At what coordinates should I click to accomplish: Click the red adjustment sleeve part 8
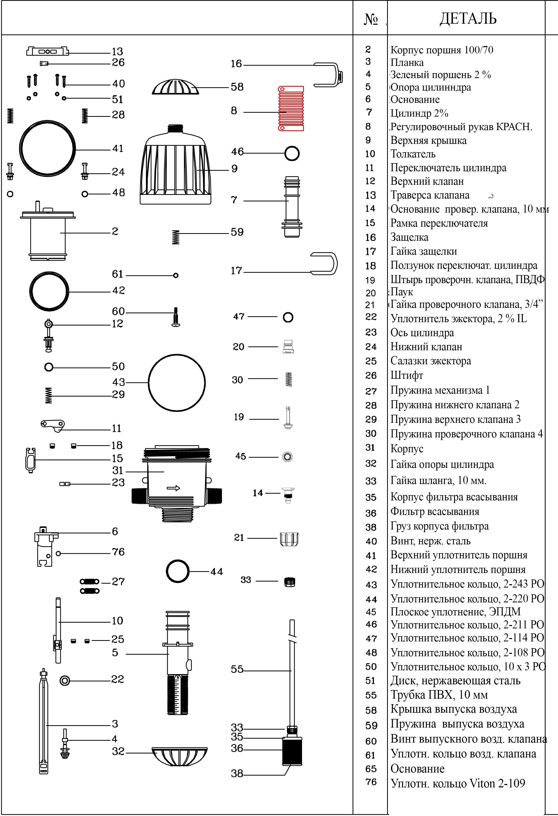(x=291, y=109)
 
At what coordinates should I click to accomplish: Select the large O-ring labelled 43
(x=177, y=383)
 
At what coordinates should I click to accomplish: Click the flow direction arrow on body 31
(x=173, y=488)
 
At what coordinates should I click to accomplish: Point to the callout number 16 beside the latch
(x=236, y=64)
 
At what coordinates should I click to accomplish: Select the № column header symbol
(x=371, y=19)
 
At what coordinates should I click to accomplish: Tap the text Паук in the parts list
(x=402, y=292)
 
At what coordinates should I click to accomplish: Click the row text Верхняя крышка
(x=428, y=141)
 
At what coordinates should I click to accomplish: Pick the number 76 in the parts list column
(x=371, y=782)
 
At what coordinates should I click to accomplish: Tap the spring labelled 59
(x=176, y=237)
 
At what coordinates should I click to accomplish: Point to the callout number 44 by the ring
(x=216, y=572)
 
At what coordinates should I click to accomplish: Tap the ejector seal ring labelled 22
(x=65, y=680)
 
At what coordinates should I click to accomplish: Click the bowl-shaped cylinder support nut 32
(x=179, y=757)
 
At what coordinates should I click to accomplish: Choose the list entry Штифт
(x=407, y=375)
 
